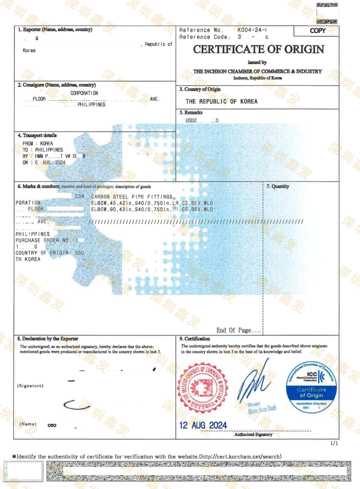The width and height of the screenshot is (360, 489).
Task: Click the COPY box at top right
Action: [x=318, y=31]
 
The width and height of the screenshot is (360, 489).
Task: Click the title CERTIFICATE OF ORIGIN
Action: [x=258, y=49]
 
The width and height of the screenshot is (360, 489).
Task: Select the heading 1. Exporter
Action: [x=55, y=30]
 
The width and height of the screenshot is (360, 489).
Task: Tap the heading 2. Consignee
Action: [x=57, y=85]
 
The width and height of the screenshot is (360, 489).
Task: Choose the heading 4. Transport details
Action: [x=37, y=135]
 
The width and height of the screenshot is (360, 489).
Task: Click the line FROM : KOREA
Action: [x=38, y=144]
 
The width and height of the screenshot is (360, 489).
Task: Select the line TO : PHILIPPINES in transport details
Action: [x=43, y=150]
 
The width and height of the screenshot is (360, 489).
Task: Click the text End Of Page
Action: [x=238, y=330]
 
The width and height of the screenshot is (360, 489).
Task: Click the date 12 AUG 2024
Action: [x=203, y=425]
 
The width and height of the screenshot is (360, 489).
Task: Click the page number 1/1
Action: [x=334, y=444]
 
